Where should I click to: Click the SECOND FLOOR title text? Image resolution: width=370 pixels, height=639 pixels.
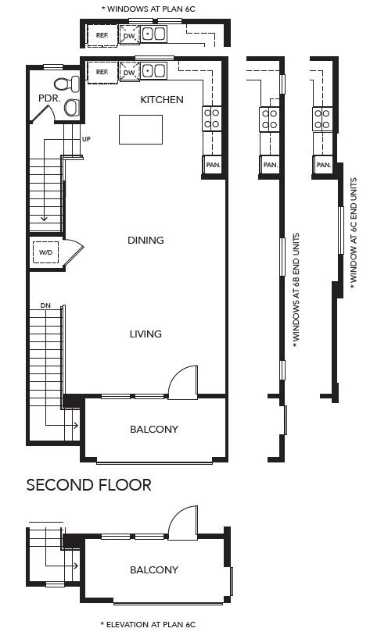[88, 485]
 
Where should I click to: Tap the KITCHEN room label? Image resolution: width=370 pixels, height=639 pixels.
[162, 99]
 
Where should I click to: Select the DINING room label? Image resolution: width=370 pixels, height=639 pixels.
[145, 240]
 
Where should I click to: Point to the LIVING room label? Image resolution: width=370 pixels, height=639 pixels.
[145, 334]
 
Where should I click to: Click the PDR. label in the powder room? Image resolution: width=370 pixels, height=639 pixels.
[50, 98]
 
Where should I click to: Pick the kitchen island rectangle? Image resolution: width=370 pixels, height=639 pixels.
[141, 130]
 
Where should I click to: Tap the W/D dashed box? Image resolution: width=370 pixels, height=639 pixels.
[45, 252]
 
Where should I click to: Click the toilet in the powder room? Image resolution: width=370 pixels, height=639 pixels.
[66, 84]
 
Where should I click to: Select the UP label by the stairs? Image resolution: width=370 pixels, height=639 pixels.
[86, 139]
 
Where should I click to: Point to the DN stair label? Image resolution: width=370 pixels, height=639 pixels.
[45, 305]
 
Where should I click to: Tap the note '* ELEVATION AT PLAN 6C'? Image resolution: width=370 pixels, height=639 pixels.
[148, 624]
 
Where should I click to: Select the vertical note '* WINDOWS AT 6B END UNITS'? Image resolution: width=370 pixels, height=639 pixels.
[296, 290]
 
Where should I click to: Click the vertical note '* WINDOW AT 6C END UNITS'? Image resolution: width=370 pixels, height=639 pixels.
[354, 234]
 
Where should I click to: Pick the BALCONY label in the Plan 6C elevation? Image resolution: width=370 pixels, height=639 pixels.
[154, 569]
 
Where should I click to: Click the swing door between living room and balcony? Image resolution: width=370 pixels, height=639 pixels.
[183, 382]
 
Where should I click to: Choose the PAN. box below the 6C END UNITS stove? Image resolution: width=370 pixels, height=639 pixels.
[324, 165]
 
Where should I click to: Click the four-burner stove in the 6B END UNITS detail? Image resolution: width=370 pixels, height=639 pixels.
[269, 119]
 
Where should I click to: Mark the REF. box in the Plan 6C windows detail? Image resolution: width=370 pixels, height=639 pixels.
[102, 35]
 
